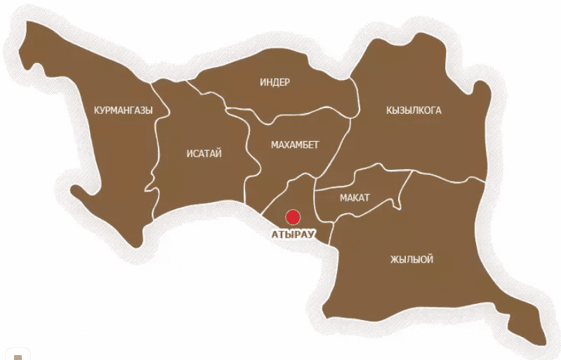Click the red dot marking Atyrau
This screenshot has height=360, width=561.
pyautogui.click(x=293, y=217)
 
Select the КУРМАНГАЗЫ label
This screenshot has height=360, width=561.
pyautogui.click(x=123, y=110)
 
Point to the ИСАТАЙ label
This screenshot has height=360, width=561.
pyautogui.click(x=204, y=154)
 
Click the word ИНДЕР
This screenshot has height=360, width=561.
pyautogui.click(x=275, y=82)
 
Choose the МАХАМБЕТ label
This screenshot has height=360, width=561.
pyautogui.click(x=295, y=145)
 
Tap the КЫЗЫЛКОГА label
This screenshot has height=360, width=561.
pyautogui.click(x=414, y=110)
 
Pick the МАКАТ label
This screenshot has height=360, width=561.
pyautogui.click(x=355, y=198)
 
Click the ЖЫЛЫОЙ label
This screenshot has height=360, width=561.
pyautogui.click(x=411, y=260)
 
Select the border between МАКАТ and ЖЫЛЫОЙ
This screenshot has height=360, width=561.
pyautogui.click(x=365, y=211)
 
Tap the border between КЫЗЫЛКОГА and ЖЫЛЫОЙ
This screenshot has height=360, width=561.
pyautogui.click(x=449, y=175)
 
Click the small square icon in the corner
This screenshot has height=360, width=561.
pyautogui.click(x=18, y=356)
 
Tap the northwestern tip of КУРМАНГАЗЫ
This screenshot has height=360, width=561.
pyautogui.click(x=28, y=32)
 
